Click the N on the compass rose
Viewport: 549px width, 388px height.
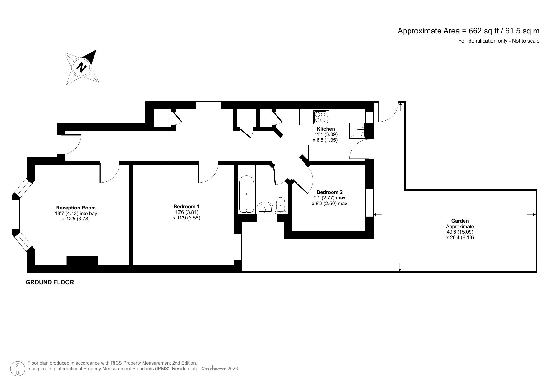click(82, 67)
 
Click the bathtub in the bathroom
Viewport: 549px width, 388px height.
click(247, 194)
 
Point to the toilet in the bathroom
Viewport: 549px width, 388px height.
click(281, 204)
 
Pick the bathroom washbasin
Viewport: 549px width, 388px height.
click(266, 207)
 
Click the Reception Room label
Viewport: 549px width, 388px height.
click(76, 208)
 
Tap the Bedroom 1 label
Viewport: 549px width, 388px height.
click(186, 206)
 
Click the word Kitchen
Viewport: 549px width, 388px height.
click(326, 129)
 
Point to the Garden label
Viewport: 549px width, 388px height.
click(460, 221)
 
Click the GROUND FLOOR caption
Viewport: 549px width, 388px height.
click(50, 282)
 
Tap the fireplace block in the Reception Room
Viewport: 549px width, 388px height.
click(82, 260)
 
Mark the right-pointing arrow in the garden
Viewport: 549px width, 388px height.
click(531, 214)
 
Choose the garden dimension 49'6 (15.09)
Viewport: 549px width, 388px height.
click(460, 232)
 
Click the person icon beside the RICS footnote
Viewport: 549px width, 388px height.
click(18, 369)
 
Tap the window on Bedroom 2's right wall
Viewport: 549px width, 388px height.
click(369, 202)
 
